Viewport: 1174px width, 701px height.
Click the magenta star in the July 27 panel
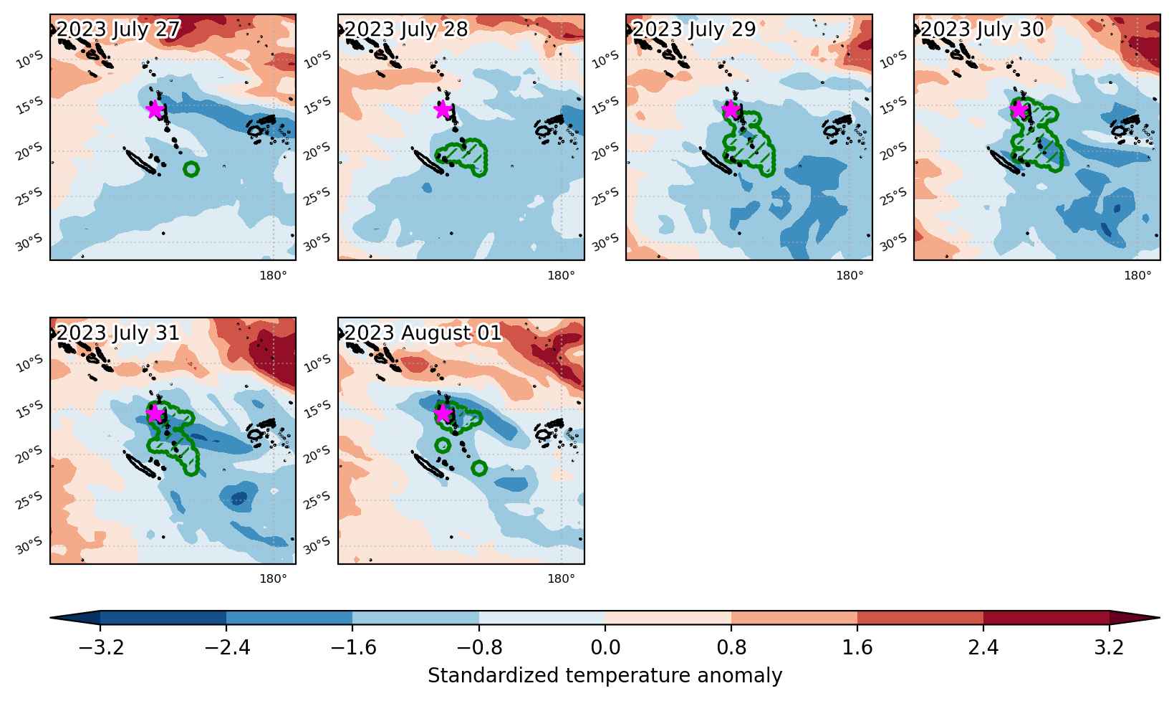pos(155,110)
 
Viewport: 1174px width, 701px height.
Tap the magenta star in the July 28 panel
pos(443,110)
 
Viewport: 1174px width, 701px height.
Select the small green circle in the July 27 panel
pos(191,169)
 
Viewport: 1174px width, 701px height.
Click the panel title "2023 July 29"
pos(694,29)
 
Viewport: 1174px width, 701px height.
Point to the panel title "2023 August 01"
pos(423,333)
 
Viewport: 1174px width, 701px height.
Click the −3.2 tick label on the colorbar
pos(100,648)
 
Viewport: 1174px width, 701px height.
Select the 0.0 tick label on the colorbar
pos(605,648)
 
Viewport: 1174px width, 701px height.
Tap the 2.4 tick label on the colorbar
pos(983,648)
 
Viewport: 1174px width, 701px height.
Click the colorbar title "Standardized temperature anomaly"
pos(605,675)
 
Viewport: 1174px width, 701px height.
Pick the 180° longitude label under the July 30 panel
pos(1137,275)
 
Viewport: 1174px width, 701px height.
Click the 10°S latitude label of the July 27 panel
pos(30,60)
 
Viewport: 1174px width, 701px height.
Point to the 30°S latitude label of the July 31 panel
pos(30,545)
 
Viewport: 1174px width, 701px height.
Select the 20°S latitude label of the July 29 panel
pos(606,151)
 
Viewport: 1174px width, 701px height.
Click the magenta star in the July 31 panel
pos(155,414)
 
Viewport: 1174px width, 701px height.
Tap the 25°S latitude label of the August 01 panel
pos(317,500)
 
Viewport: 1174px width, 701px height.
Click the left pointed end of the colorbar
pos(51,618)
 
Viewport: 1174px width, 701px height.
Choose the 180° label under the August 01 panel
pos(562,579)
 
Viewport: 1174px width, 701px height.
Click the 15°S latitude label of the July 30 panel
pos(894,106)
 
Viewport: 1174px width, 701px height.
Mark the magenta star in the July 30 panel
pos(1019,110)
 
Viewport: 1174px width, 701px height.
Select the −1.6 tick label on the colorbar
pos(353,648)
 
